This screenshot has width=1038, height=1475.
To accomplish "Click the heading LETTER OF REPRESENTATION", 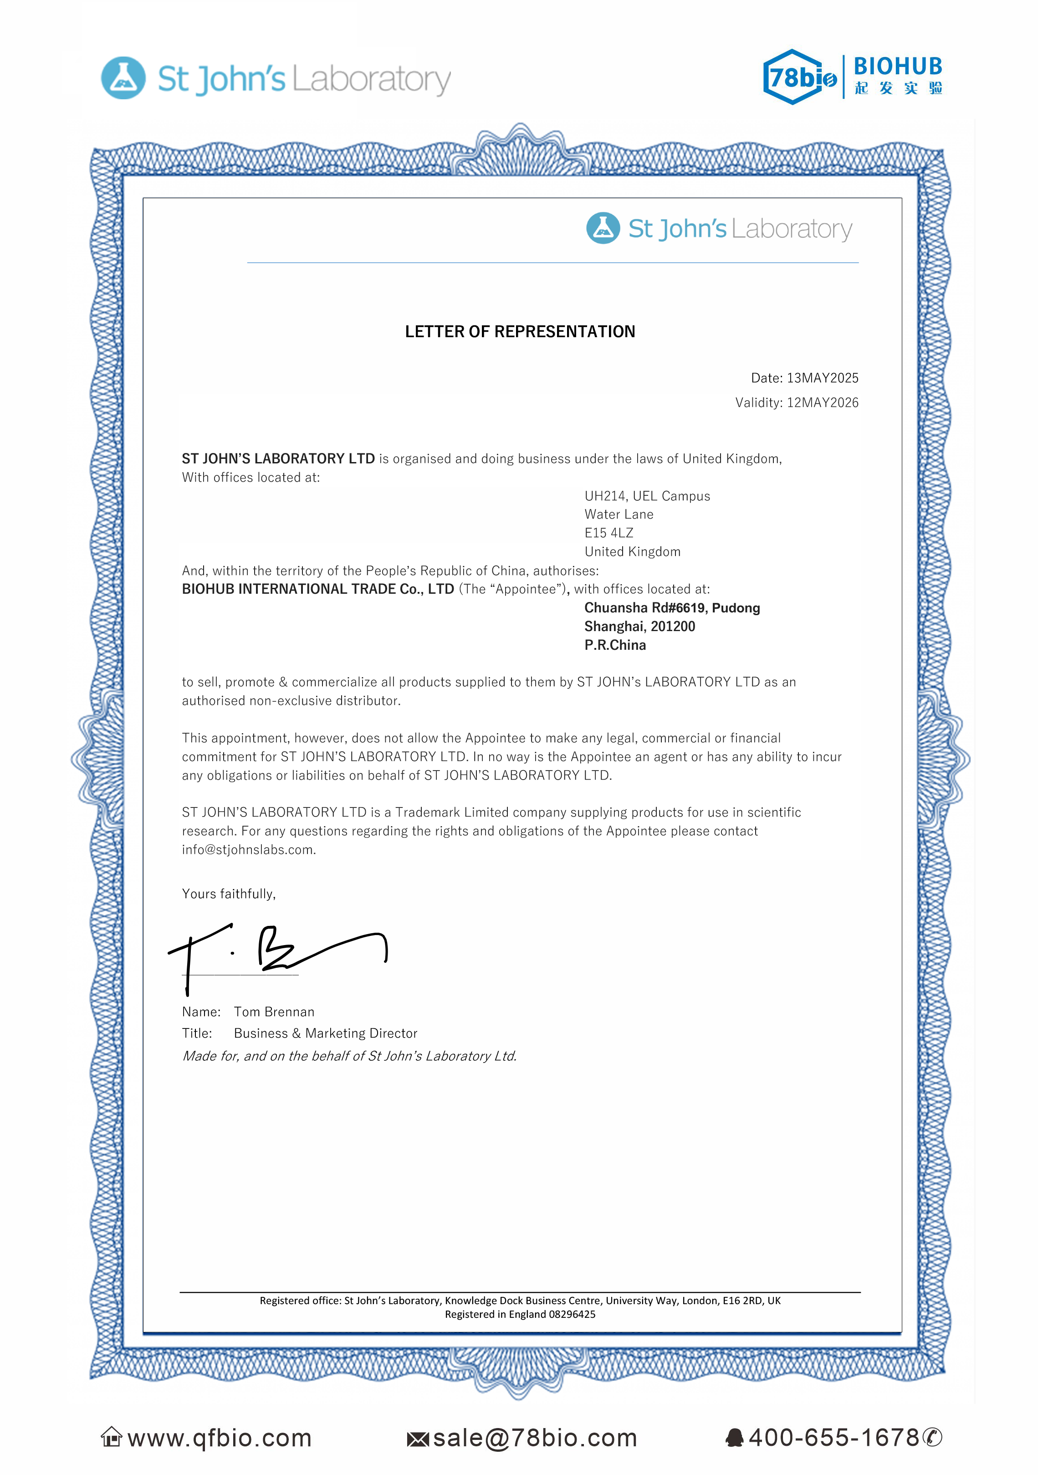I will pos(520,331).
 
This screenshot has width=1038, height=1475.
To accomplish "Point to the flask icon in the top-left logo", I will pos(123,78).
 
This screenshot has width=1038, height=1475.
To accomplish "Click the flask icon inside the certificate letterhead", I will pos(603,228).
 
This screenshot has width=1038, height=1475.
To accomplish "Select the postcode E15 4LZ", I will pos(608,533).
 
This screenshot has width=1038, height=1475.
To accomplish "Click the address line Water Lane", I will pos(619,514).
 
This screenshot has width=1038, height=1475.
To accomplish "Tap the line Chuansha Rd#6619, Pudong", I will pos(672,608).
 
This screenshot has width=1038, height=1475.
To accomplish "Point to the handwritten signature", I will pos(276,951).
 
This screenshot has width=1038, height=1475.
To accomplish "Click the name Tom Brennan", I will pos(274,1012).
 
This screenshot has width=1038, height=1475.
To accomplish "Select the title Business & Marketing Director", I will pos(325,1033).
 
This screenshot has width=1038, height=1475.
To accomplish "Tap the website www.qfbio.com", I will pos(219,1438).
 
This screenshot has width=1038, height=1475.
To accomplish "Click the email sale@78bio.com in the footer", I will pos(534,1438).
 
